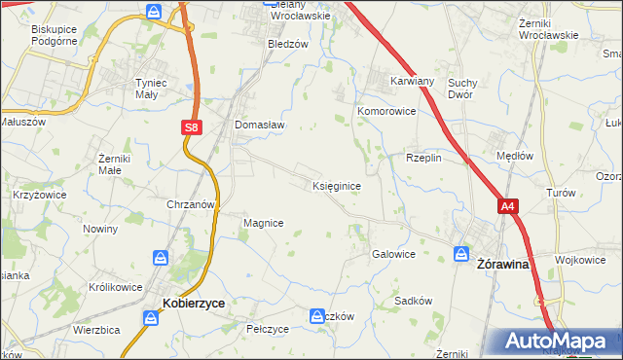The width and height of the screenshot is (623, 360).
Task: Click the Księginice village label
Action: pos(338,185)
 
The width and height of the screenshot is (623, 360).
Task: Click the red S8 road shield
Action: pos(192,126)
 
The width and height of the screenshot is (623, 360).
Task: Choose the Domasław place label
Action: pos(258,125)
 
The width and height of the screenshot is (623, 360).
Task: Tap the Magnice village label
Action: pos(263,223)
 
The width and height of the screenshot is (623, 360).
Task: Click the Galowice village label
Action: pos(393,254)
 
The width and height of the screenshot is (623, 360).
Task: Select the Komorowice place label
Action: pos(386,112)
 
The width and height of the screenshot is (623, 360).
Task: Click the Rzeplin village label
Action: pos(424,158)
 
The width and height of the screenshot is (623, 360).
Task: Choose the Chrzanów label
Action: pos(190,205)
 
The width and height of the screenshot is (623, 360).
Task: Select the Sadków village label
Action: pos(413,301)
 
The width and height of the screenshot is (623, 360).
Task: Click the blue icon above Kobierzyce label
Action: pos(161,258)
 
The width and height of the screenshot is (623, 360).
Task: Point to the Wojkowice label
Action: pos(581,260)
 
